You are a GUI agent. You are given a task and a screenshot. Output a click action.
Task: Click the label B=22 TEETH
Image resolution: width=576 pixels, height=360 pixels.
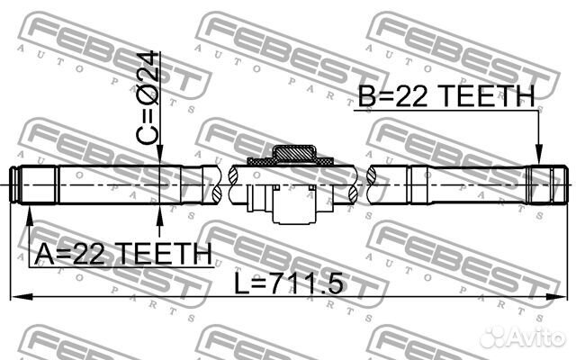pyautogui.click(x=445, y=97)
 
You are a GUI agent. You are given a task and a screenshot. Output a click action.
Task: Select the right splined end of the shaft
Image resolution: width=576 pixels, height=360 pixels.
pyautogui.click(x=547, y=185)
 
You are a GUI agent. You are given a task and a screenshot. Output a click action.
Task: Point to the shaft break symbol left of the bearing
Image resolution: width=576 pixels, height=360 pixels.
pyautogui.click(x=220, y=185)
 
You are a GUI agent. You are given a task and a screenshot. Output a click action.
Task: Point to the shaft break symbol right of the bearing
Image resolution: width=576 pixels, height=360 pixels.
pyautogui.click(x=369, y=185)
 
